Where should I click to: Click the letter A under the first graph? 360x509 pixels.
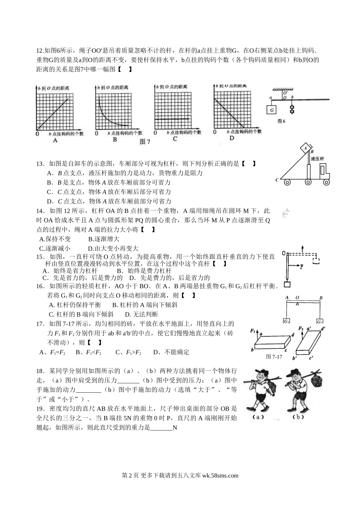pyautogui.click(x=55, y=141)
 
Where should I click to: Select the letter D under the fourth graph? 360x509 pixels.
pyautogui.click(x=232, y=138)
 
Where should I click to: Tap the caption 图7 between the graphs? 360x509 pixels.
pyautogui.click(x=145, y=142)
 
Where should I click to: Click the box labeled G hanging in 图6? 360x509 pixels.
pyautogui.click(x=272, y=110)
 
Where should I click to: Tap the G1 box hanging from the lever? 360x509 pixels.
pyautogui.click(x=286, y=321)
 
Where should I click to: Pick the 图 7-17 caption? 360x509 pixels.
pyautogui.click(x=274, y=357)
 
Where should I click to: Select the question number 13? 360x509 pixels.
pyautogui.click(x=39, y=164)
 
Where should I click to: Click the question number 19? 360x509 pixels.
pyautogui.click(x=40, y=409)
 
